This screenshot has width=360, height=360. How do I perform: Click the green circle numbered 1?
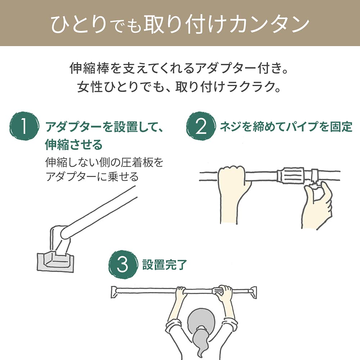[24, 126]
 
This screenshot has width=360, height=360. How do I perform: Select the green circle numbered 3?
[123, 265]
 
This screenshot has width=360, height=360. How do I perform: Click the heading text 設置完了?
[165, 265]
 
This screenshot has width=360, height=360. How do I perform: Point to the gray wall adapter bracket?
[55, 262]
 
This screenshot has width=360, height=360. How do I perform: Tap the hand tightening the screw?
[318, 204]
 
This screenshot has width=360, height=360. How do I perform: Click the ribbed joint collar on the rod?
[291, 176]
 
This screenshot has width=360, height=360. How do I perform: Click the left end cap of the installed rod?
[115, 292]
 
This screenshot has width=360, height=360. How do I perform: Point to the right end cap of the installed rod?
[253, 293]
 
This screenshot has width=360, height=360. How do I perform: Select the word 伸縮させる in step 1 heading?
[74, 144]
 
